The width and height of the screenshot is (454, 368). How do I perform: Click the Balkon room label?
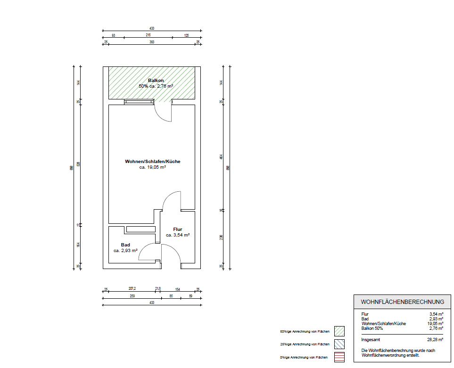tap(156, 81)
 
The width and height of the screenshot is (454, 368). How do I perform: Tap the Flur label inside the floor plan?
tap(177, 229)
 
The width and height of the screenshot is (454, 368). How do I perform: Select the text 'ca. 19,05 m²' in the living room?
tap(152, 167)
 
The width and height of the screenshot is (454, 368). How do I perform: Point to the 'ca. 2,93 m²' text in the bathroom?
tap(125, 251)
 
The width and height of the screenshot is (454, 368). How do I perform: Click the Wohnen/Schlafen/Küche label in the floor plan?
tap(152, 162)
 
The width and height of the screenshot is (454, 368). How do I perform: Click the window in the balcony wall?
tap(139, 101)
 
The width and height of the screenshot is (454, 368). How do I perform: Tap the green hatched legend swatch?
tap(339, 331)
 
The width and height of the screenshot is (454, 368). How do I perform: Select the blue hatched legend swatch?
tap(339, 344)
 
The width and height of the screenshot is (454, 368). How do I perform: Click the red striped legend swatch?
tap(339, 357)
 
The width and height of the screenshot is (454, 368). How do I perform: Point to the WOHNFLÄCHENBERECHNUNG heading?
tap(402, 302)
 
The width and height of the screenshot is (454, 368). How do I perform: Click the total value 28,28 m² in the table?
tap(435, 339)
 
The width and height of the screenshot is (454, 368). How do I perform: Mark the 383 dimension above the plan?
tap(152, 42)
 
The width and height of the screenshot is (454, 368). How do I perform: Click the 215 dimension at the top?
tap(148, 35)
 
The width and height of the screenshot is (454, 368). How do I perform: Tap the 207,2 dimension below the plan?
tap(132, 288)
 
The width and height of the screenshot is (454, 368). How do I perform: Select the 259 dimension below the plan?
tap(132, 296)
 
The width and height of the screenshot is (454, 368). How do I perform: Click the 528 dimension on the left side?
tap(79, 164)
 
